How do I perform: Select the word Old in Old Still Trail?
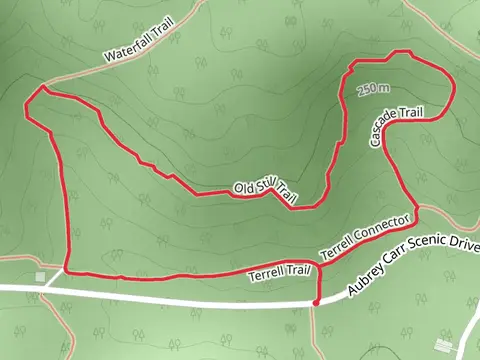click(x=244, y=188)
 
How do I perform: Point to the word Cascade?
click(x=380, y=129)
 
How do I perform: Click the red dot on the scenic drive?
click(x=316, y=301)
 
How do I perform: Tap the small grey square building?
click(x=40, y=276)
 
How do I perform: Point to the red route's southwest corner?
click(x=66, y=271)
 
